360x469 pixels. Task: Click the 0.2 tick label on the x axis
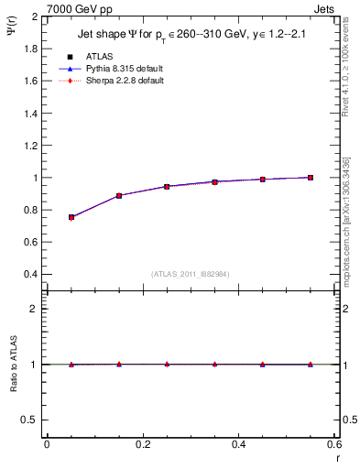(142, 444)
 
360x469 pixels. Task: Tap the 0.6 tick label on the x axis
(333, 444)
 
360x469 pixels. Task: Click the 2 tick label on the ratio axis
(35, 309)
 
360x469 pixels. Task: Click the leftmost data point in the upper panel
(71, 217)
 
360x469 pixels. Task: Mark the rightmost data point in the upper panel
(311, 178)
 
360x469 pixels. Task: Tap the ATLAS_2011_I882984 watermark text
(191, 275)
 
